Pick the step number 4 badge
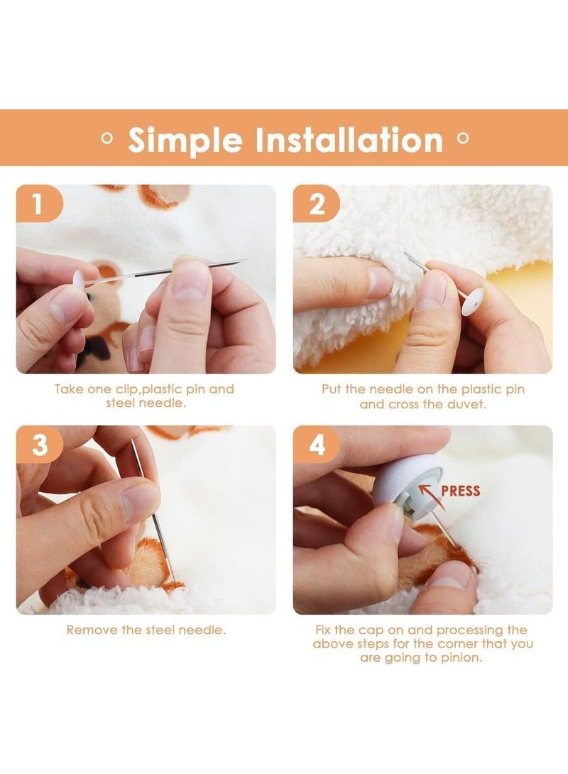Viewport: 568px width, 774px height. (x=316, y=445)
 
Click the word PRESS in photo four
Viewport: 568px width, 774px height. (x=460, y=491)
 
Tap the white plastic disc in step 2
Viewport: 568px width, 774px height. (x=473, y=302)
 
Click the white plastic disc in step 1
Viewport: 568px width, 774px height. (x=78, y=280)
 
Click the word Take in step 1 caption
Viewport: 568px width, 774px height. (x=68, y=389)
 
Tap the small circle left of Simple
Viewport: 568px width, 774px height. (x=107, y=139)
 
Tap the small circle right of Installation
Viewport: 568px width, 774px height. (x=462, y=139)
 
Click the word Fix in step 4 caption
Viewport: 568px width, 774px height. (x=324, y=630)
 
